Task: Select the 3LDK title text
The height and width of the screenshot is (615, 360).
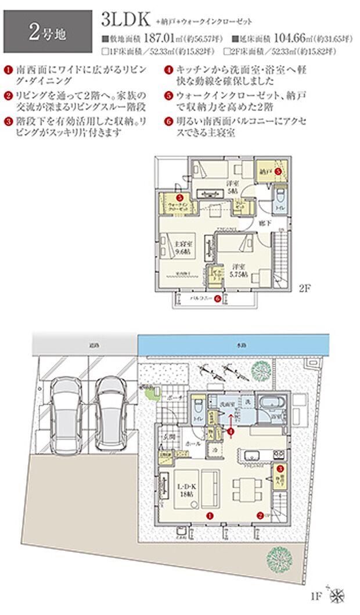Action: [x=125, y=20]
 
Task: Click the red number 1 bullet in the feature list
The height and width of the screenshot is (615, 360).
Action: [x=8, y=70]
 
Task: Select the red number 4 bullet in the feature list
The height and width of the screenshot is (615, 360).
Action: [x=167, y=70]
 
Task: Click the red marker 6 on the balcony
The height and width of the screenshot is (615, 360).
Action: [x=217, y=299]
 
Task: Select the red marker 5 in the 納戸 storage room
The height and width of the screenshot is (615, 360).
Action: [x=278, y=172]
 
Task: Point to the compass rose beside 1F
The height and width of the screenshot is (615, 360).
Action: [x=336, y=594]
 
